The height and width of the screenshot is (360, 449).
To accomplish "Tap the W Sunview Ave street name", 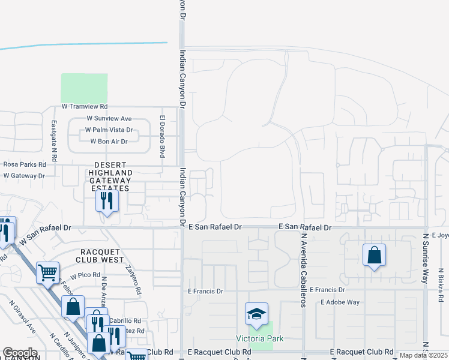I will [109, 119].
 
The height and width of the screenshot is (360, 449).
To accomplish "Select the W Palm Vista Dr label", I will [109, 130].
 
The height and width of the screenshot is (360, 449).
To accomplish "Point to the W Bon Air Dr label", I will [109, 141].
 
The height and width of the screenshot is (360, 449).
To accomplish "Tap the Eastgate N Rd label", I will [54, 141].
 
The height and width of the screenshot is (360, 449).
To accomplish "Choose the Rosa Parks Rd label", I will [25, 164].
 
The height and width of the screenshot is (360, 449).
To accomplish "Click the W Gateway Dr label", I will [24, 176].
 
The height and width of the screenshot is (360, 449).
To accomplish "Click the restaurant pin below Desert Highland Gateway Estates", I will [107, 201].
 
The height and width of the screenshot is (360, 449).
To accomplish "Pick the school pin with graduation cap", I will [256, 314].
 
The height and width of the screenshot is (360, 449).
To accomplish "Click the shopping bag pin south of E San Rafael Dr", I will [374, 255].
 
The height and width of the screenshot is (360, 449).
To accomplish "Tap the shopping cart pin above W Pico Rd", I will [48, 272].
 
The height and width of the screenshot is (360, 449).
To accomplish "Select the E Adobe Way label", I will [340, 302].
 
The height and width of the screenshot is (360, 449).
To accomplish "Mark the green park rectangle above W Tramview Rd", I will [85, 88].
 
